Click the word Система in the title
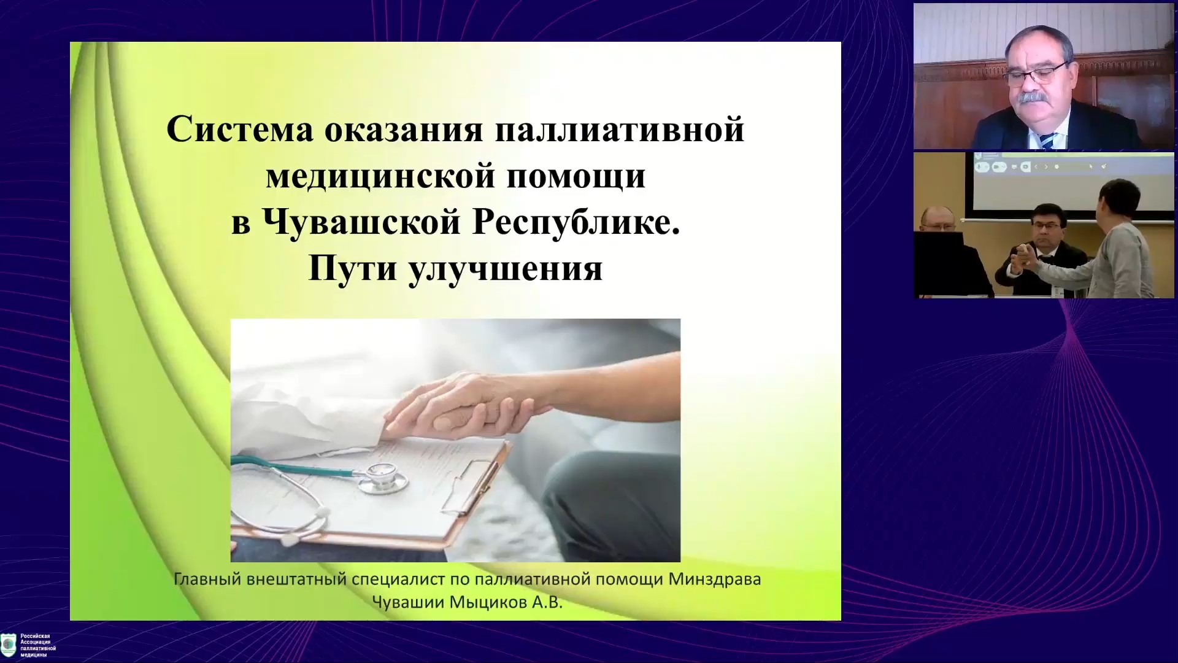point(240,130)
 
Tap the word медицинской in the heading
point(380,176)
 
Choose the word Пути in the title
point(352,268)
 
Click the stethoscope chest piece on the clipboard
point(382,477)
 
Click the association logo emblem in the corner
point(9,645)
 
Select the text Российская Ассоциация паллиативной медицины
point(38,645)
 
